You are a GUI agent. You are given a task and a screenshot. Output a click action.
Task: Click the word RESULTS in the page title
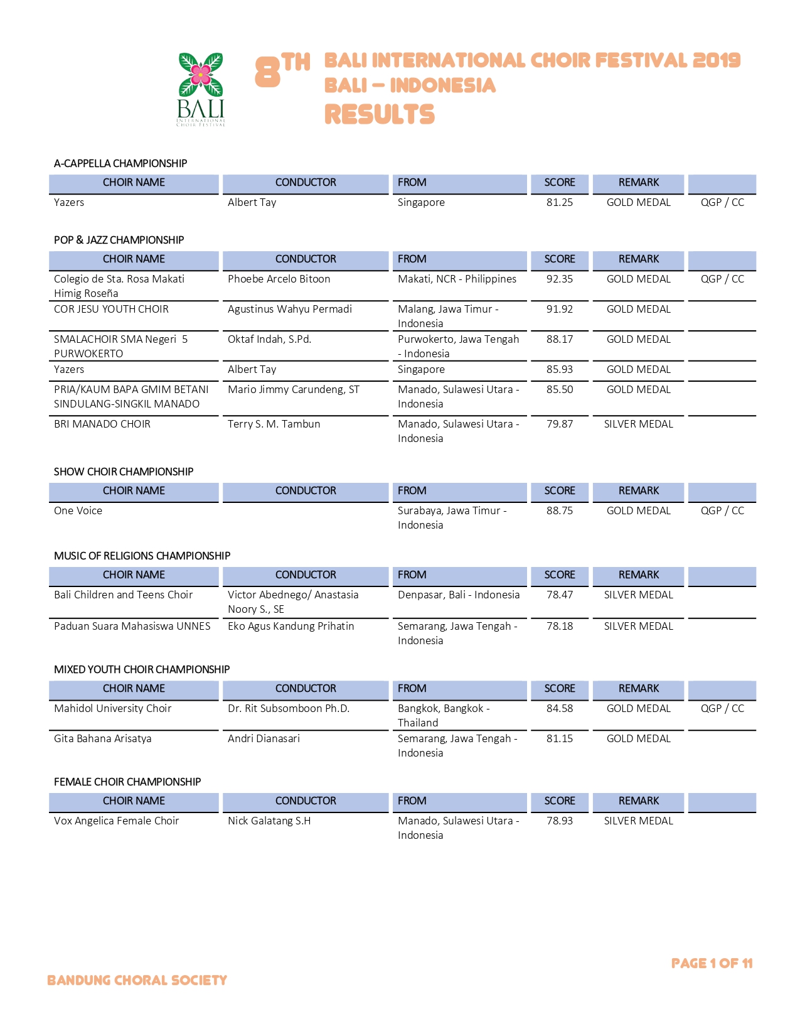click(379, 115)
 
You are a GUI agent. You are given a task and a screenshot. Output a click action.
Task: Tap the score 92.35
click(559, 279)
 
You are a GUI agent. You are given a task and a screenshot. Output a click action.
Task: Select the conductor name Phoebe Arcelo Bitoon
click(279, 279)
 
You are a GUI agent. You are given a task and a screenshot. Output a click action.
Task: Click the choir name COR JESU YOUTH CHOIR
click(111, 309)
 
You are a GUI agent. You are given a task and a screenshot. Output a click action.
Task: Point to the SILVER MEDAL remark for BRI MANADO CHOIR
click(638, 424)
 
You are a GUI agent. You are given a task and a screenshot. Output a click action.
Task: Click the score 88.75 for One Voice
click(559, 510)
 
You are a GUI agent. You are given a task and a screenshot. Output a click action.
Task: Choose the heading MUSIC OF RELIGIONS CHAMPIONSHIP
click(142, 556)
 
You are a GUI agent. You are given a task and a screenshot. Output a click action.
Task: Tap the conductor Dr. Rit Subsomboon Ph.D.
click(288, 708)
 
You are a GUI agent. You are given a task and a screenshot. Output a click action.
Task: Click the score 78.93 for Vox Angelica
click(559, 821)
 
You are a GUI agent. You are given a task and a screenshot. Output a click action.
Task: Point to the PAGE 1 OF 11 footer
click(712, 963)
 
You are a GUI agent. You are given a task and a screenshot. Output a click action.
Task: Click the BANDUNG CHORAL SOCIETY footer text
click(137, 980)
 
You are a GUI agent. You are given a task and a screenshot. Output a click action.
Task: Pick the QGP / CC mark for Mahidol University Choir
click(722, 708)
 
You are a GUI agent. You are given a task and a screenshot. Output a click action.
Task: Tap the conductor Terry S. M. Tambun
click(274, 424)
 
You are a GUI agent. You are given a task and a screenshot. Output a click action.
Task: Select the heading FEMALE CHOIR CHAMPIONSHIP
click(127, 782)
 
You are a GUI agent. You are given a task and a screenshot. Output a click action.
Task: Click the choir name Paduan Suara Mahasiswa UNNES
click(132, 626)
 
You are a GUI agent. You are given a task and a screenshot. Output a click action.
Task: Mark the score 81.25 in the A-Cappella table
click(559, 202)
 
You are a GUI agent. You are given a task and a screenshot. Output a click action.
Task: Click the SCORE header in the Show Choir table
click(559, 490)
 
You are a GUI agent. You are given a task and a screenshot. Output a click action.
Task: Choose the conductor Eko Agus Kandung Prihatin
click(291, 626)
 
